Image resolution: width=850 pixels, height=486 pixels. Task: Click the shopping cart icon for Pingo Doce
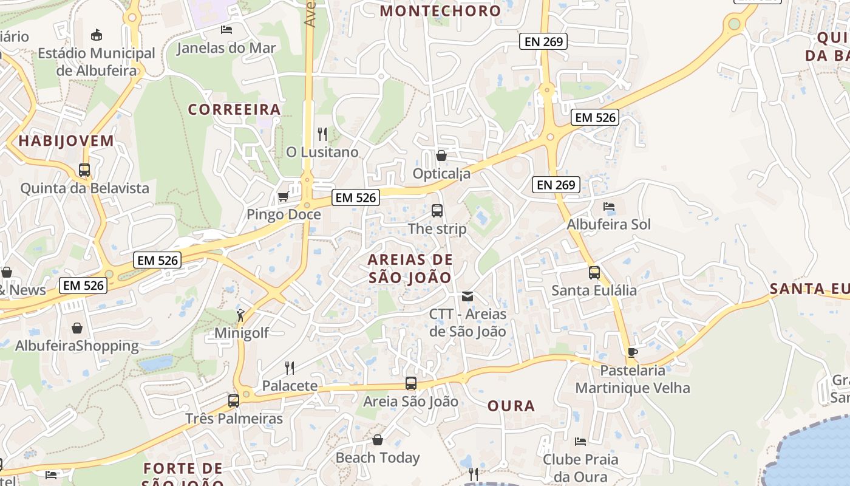coord(283,197)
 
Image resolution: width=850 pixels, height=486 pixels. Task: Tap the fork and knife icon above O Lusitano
coord(322,134)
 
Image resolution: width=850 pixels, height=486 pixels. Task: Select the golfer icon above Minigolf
coord(241,315)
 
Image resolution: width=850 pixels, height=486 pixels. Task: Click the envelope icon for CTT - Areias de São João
coord(467,296)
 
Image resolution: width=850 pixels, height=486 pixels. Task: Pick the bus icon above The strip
coord(437,211)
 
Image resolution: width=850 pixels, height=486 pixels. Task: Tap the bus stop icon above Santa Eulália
coord(594,273)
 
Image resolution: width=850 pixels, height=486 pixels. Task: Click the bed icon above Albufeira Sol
coord(609,207)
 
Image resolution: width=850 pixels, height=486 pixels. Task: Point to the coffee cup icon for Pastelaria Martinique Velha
coord(632,352)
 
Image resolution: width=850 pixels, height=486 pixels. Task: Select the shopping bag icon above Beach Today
coord(378,439)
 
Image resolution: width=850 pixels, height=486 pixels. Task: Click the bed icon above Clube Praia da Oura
coord(580,441)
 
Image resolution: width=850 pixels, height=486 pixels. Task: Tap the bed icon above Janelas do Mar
coord(226,29)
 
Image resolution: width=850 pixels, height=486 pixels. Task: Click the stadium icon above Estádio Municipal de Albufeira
coord(97,35)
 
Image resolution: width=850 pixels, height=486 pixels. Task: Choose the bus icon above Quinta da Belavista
coord(84,170)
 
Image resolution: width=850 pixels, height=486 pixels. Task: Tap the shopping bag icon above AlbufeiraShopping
coord(77,328)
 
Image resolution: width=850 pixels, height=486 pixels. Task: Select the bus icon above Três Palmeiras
coord(234,401)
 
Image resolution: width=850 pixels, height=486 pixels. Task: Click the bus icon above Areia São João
coord(411,383)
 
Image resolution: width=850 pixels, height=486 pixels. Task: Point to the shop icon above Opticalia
coord(441,156)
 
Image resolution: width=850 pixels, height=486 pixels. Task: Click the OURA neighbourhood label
coord(511,406)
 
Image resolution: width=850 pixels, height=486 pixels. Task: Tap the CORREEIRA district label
coord(234,109)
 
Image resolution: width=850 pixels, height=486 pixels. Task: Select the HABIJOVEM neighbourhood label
coord(66,141)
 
